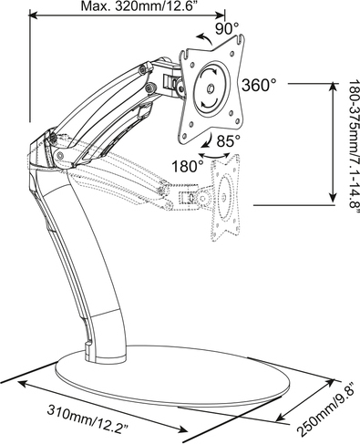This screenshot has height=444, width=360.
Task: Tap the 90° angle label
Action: coord(226,28)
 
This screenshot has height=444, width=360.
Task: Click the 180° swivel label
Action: coord(185,167)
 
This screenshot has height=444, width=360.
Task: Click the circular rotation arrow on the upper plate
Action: coord(212,89)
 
